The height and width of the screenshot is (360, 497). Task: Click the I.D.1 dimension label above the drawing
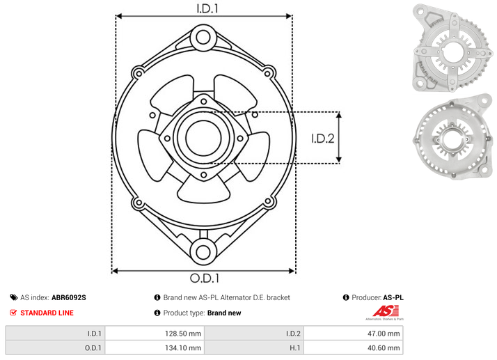click(207, 8)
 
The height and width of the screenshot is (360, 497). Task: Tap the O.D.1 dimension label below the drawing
click(205, 278)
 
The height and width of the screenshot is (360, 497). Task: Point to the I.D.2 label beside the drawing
click(323, 139)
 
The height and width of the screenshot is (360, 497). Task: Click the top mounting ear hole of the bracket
click(203, 38)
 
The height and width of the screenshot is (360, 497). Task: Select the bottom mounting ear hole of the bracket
click(203, 252)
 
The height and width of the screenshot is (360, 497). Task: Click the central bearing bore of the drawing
click(203, 138)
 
